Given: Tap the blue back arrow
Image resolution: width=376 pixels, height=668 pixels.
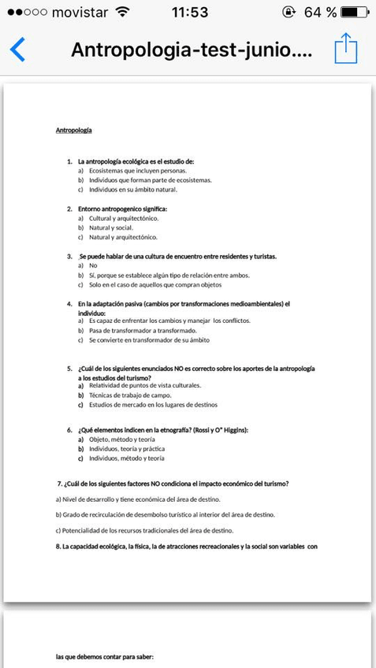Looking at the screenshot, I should pos(17,49).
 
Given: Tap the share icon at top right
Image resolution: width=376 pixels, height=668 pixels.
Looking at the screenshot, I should pos(346,48).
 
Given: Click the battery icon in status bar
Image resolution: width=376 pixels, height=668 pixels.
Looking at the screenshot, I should pos(355,12).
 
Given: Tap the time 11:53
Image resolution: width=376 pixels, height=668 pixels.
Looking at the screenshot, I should pos(189,12).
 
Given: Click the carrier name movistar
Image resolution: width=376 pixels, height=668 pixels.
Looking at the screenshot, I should pos(79,12).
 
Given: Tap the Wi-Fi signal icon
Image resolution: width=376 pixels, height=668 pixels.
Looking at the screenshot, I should pos(122,12).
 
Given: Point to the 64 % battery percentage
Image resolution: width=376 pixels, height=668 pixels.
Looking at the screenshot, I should pos(320,12).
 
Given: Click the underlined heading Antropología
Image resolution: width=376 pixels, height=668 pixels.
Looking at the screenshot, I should pos(74,130).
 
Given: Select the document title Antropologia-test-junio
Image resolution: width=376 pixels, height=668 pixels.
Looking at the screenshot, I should pos(192,50).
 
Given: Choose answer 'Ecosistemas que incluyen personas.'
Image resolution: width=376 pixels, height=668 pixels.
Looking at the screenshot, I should pos(137,170).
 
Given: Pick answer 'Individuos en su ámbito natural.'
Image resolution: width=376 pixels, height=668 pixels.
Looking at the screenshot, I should pos(132,189).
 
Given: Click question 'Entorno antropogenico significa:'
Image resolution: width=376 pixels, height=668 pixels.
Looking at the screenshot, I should pos(122,209).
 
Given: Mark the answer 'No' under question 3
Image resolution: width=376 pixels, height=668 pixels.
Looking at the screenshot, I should pos(93,265).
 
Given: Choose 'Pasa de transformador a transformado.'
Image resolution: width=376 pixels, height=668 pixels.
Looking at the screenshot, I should pos(143,331).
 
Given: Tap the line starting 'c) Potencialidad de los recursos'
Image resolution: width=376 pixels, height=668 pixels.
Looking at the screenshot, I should pos(144,530).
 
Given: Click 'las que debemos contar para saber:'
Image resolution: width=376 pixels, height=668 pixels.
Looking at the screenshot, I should pos(104,656).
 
